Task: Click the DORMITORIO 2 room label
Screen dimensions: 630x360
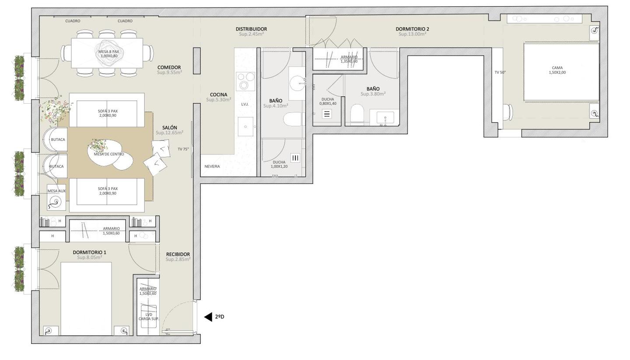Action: tap(412, 29)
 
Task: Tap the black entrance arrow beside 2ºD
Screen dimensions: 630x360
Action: tap(208, 317)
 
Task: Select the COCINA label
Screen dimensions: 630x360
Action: tap(219, 95)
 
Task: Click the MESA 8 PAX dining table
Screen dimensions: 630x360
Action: tap(107, 53)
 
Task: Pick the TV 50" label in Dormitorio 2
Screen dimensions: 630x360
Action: tap(500, 72)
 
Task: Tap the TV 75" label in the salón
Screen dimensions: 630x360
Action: tap(183, 149)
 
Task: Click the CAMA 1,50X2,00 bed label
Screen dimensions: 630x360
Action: tap(557, 70)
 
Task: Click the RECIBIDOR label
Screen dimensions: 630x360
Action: tap(178, 254)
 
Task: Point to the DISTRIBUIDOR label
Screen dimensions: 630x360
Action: tap(252, 29)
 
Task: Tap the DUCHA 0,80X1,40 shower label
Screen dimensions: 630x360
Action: tap(328, 101)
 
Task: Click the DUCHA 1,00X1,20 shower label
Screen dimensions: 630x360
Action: tap(279, 164)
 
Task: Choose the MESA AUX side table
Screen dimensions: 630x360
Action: tap(56, 197)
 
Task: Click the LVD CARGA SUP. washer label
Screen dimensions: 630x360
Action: tap(149, 317)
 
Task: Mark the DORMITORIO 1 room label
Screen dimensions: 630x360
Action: tap(89, 252)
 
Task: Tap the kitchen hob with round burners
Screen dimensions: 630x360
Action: tap(245, 81)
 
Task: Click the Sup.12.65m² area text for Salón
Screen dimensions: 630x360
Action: tap(170, 133)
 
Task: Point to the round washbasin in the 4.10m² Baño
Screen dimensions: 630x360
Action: tap(297, 83)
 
